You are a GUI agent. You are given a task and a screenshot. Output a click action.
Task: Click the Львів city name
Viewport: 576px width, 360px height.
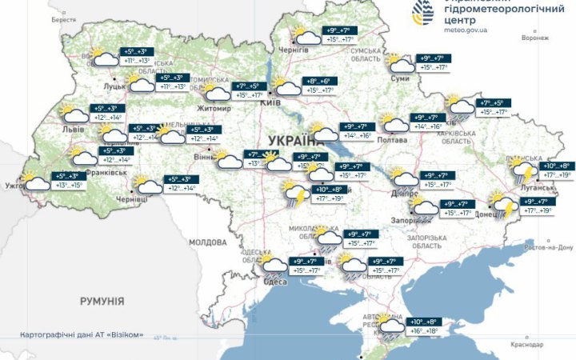74,128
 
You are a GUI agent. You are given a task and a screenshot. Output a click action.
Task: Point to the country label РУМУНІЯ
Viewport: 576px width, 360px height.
102,301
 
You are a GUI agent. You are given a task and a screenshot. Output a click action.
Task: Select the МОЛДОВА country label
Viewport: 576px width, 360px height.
209,242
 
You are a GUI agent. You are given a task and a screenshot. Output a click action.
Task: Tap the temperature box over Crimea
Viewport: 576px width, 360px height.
425,326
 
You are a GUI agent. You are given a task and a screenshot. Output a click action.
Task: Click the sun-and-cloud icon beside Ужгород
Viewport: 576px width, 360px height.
36,182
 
